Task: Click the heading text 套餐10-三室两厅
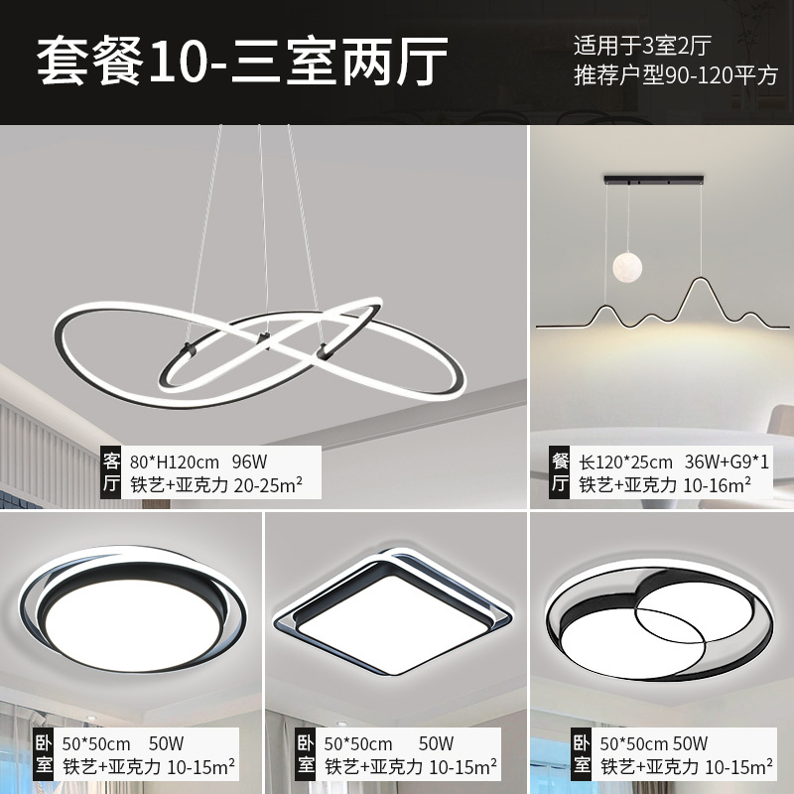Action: point(243,62)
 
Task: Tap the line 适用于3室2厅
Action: point(657,45)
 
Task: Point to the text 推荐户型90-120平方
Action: point(675,75)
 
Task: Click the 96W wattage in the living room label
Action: point(251,462)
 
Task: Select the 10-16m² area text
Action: point(718,486)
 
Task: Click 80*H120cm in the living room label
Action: point(176,462)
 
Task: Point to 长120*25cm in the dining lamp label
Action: point(626,462)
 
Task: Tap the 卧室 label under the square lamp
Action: point(305,754)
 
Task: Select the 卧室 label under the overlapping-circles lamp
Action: point(581,754)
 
